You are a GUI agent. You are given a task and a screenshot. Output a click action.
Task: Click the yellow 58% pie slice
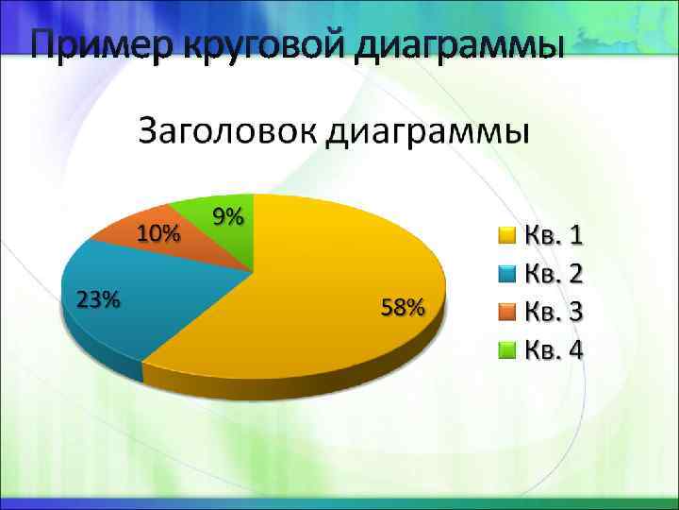tap(321, 283)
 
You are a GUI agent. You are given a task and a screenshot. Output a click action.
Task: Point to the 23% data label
tap(98, 299)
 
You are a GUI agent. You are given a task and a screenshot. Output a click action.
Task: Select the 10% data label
tap(158, 232)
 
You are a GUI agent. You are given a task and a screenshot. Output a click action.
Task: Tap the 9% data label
tap(228, 216)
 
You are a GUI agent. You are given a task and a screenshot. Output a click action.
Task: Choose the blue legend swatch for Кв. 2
tap(506, 273)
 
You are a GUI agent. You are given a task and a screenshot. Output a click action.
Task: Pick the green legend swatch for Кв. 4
tap(506, 350)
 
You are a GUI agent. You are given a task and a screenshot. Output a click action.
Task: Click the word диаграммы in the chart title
tap(429, 131)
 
